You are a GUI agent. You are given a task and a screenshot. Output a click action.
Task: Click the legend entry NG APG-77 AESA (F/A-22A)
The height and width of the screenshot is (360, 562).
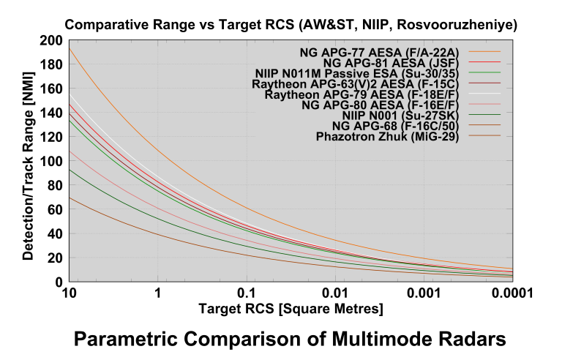click(381, 53)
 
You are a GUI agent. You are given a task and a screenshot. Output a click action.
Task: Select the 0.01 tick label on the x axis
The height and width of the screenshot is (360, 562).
click(334, 293)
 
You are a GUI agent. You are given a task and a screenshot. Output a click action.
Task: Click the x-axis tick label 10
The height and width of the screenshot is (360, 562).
click(70, 293)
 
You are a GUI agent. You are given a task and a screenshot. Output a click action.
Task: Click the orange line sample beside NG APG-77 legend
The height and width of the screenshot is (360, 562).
click(484, 53)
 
